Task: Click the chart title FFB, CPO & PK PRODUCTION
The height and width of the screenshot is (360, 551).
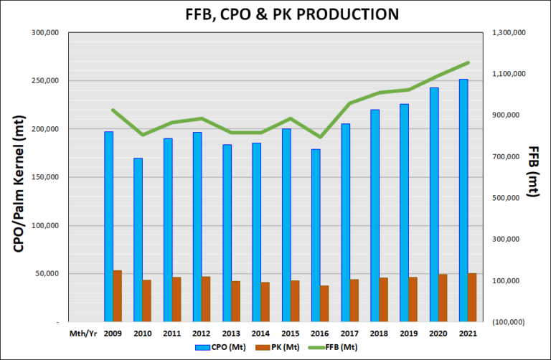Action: tap(276, 14)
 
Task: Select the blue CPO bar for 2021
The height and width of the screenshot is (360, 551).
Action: tap(463, 201)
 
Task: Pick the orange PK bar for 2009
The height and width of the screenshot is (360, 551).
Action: tap(118, 296)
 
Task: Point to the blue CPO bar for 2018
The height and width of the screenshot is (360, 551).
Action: tap(375, 216)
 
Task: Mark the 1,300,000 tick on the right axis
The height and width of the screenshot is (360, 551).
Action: tap(510, 33)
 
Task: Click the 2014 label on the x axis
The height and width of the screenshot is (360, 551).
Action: tap(260, 333)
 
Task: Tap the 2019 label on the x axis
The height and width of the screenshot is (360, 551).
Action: tap(408, 333)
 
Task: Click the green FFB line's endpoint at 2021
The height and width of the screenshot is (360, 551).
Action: tap(468, 62)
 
